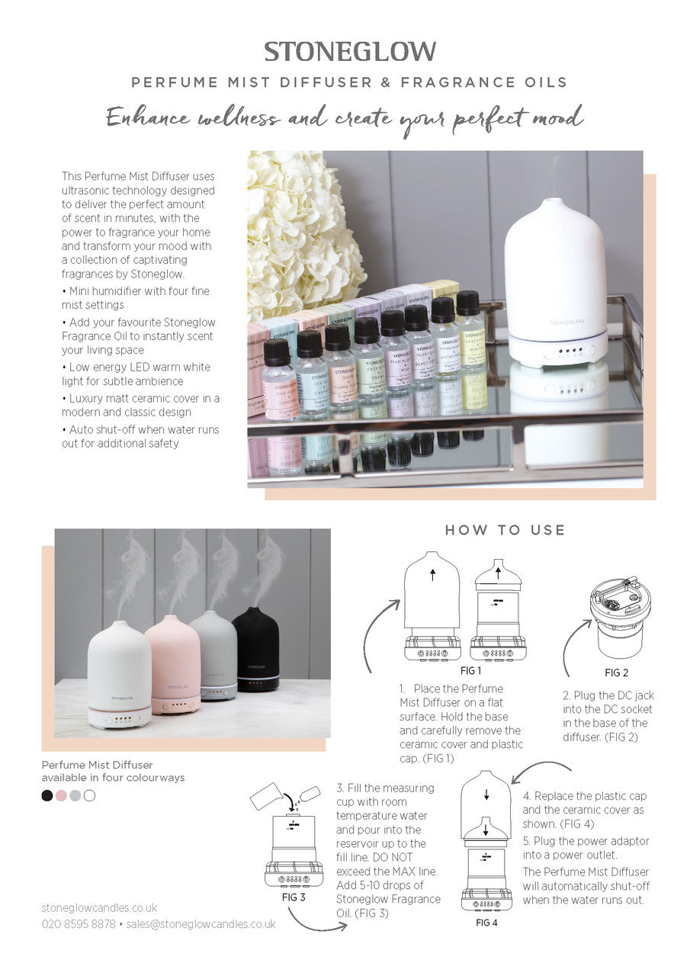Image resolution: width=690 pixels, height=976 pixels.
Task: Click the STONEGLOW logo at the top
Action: [350, 51]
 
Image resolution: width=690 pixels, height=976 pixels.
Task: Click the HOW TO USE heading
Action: [505, 530]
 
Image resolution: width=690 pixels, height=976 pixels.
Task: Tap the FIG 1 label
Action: [470, 671]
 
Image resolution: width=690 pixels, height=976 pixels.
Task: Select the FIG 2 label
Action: [617, 673]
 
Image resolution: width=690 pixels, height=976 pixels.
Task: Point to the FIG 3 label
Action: [293, 897]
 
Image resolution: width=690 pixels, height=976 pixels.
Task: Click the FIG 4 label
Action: [486, 923]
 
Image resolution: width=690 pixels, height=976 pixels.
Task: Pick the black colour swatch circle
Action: [47, 795]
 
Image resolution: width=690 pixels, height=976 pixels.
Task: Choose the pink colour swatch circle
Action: [61, 795]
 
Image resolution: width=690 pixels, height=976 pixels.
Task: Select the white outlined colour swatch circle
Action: [89, 795]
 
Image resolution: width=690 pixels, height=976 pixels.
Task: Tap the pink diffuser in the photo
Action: [173, 663]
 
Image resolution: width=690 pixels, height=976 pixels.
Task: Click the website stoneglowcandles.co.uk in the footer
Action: [99, 907]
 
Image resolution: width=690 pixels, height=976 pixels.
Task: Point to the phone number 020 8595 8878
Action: [79, 924]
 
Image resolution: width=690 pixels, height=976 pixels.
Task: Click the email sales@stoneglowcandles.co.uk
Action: [201, 924]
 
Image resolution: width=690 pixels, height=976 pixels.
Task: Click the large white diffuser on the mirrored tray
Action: [556, 282]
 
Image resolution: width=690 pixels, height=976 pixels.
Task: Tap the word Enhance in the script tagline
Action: [147, 117]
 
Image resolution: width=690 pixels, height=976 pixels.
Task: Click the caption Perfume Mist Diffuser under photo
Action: [97, 764]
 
